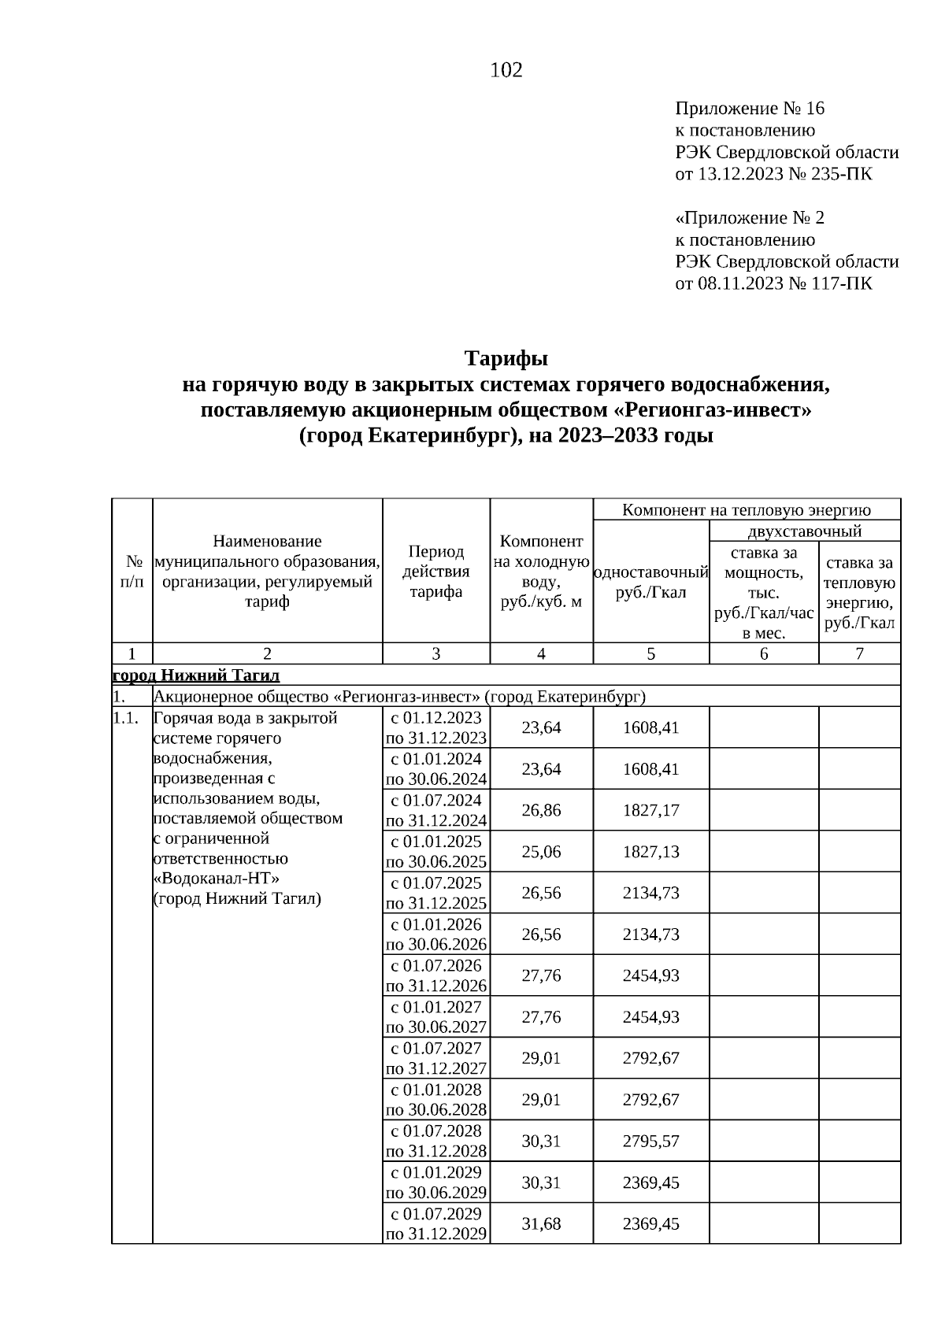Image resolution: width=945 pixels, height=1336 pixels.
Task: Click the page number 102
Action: [506, 71]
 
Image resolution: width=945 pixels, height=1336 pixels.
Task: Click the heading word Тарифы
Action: [506, 359]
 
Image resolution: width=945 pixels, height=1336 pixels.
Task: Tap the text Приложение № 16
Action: [750, 108]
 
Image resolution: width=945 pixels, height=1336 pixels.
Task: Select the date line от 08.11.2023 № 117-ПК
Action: [773, 283]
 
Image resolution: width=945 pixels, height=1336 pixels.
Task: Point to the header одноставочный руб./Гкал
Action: [650, 582]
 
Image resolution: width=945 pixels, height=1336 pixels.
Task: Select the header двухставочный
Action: [804, 531]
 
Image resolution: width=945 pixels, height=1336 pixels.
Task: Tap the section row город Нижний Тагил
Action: [196, 675]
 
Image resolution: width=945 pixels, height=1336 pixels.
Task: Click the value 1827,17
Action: [650, 810]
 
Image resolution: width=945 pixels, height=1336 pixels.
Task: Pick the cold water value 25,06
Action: [541, 852]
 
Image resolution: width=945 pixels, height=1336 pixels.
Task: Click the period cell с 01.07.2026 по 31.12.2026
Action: [436, 975]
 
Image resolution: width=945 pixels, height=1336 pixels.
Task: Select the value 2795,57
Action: [650, 1141]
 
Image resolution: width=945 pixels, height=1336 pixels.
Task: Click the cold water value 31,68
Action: [541, 1223]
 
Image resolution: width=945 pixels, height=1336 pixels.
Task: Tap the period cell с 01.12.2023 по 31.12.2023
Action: [436, 727]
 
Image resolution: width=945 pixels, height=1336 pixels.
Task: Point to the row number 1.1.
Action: [126, 718]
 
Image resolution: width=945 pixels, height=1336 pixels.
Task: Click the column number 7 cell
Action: [859, 653]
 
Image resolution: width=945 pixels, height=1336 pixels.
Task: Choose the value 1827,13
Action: [650, 852]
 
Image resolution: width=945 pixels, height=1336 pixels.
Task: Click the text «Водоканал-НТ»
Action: [217, 879]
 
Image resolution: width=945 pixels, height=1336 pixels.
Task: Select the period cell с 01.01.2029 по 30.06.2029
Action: [436, 1182]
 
